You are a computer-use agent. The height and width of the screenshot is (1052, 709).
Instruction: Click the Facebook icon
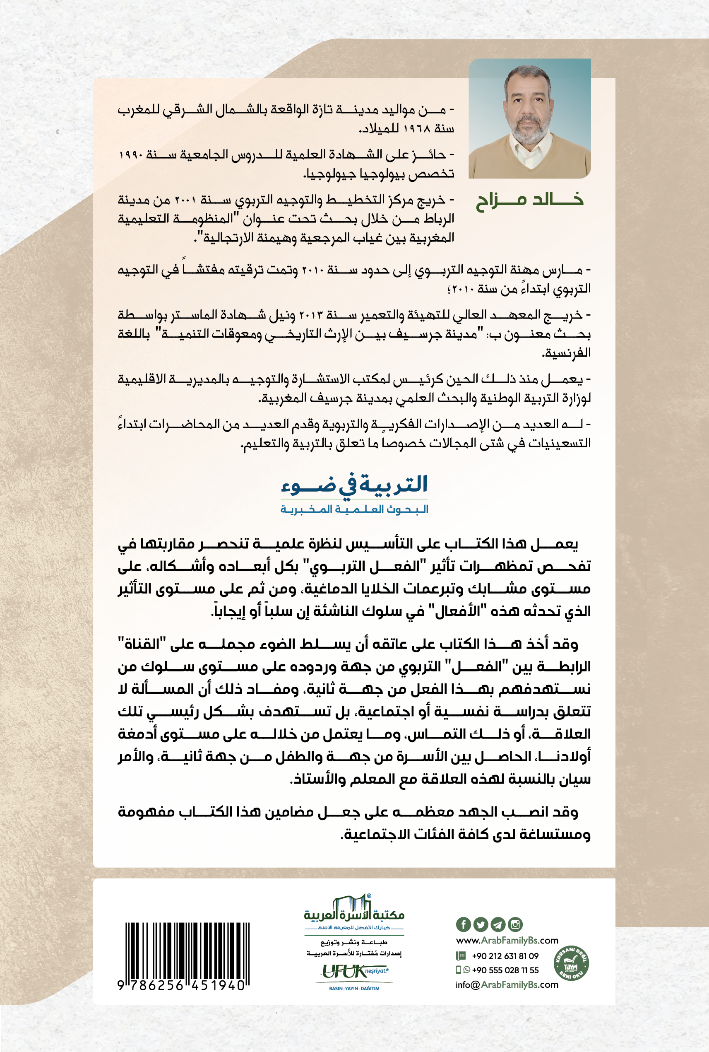coord(463,924)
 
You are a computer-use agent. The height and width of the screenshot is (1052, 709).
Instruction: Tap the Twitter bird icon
coord(480,924)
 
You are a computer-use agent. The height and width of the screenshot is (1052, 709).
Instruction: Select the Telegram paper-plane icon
coord(498,924)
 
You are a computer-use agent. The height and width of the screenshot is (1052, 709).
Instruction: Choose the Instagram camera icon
coord(515,924)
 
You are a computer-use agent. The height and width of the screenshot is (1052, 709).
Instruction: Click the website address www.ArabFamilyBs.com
coord(507,941)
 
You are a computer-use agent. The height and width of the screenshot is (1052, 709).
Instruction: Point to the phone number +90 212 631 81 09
coord(505,956)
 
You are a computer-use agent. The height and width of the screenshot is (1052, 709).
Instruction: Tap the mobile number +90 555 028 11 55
coord(505,970)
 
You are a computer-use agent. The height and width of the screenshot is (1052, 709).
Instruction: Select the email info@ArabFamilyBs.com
coord(507,984)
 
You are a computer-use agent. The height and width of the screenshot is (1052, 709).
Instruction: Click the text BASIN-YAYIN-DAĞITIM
coord(354,989)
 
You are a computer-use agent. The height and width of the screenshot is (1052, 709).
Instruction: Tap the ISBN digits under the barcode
coord(181,985)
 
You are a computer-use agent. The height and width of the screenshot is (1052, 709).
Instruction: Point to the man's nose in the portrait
coord(528,109)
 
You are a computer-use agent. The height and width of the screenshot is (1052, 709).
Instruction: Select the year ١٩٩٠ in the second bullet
coord(132,155)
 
